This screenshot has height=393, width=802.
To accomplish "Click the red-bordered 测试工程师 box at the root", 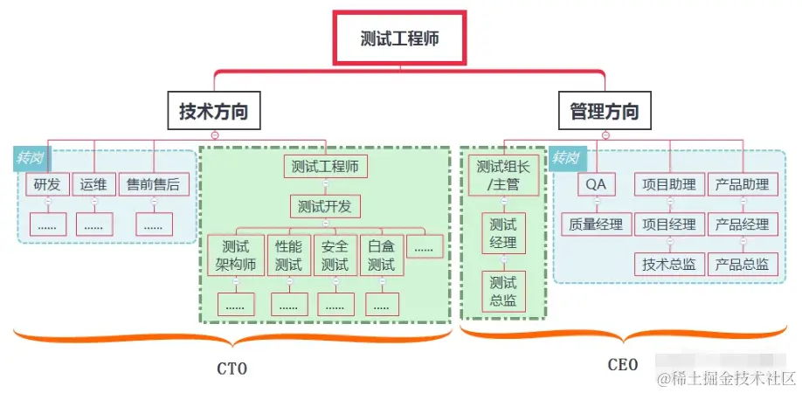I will [x=399, y=38].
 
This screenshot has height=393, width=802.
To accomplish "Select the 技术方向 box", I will [x=214, y=112].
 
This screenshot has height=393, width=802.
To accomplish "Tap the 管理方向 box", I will [x=604, y=112].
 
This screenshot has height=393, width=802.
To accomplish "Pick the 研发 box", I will [x=47, y=184].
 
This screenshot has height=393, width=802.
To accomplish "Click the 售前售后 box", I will [x=154, y=184].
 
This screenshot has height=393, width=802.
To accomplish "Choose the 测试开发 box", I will [x=325, y=207].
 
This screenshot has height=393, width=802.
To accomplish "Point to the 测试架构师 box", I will [x=236, y=256].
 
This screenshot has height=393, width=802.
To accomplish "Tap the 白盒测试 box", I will [x=382, y=256].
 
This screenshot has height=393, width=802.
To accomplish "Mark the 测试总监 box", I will [x=503, y=292].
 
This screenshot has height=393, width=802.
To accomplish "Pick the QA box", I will [x=595, y=184].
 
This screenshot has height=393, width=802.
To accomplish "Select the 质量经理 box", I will [x=595, y=224].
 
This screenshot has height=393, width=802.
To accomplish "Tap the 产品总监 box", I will [x=742, y=264].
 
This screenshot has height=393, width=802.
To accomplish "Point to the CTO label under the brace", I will [x=232, y=369].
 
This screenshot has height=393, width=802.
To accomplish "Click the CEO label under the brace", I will [x=622, y=364].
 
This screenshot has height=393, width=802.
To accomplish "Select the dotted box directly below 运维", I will [x=93, y=224].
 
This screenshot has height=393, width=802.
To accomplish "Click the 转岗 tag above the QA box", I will [x=565, y=158].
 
